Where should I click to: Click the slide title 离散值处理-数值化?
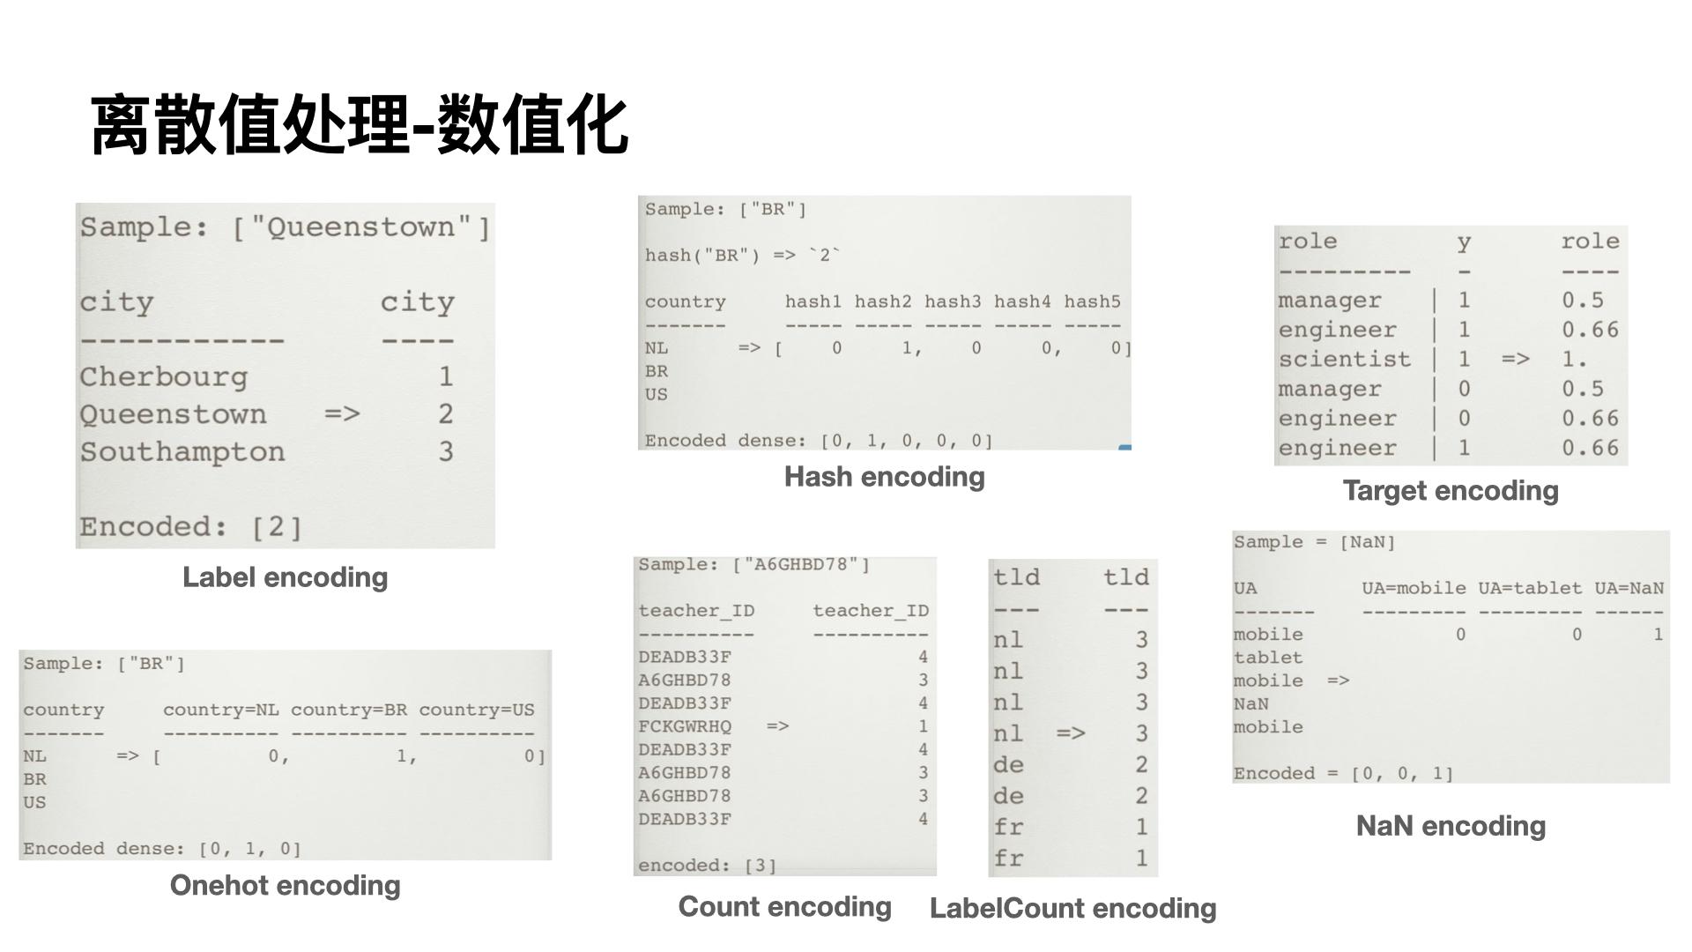click(360, 125)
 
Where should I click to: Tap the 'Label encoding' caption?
click(285, 577)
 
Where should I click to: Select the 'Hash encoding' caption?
click(884, 477)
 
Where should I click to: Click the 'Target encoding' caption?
click(1450, 491)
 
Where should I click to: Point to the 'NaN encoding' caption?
click(1451, 826)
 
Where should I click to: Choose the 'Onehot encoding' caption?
click(285, 885)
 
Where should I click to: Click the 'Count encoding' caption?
click(784, 907)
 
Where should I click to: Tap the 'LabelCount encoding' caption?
click(1072, 909)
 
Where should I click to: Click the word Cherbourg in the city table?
click(164, 377)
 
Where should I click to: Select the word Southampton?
click(182, 452)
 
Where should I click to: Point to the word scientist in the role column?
click(1345, 360)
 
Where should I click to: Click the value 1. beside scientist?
click(1574, 360)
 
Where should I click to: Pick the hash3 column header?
click(952, 302)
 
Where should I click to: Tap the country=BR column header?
click(348, 710)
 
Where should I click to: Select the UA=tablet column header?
click(1530, 589)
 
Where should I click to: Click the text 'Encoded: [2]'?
click(191, 527)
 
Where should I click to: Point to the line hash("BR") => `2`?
click(742, 256)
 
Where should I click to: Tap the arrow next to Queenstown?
click(342, 414)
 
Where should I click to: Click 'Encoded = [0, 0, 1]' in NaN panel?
click(1343, 774)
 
